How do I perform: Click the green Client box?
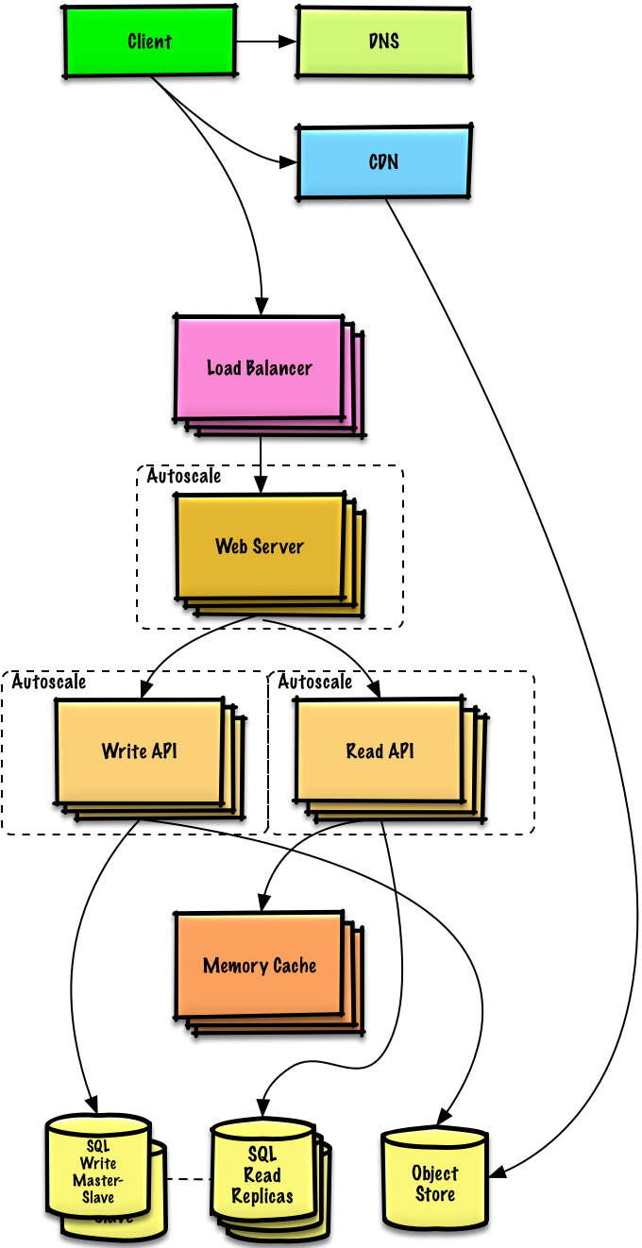(x=149, y=42)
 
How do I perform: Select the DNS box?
(x=383, y=42)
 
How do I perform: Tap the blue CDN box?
(x=383, y=162)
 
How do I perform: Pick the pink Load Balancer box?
(x=259, y=368)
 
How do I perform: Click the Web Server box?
(x=260, y=547)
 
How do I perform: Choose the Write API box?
(x=139, y=751)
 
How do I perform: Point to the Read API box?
(x=380, y=751)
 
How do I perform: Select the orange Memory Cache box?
(x=259, y=966)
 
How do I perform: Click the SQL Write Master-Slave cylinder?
(x=98, y=1171)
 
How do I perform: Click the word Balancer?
(x=279, y=368)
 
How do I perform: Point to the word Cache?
(x=295, y=966)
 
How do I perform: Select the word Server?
(x=280, y=547)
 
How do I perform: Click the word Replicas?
(x=262, y=1196)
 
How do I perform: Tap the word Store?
(x=435, y=1195)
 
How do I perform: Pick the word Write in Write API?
(x=124, y=751)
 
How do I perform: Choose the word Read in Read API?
(x=364, y=751)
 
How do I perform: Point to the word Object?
(x=435, y=1173)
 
